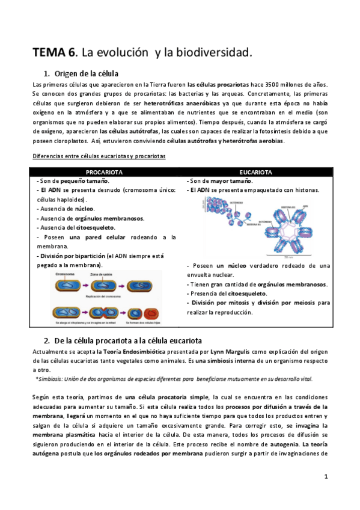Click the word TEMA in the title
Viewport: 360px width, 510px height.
pos(53,53)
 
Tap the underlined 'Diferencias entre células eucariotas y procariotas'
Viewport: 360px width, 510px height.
pos(99,156)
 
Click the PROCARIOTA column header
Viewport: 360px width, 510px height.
pos(105,172)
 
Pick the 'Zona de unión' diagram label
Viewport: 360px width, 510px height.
pos(102,274)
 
